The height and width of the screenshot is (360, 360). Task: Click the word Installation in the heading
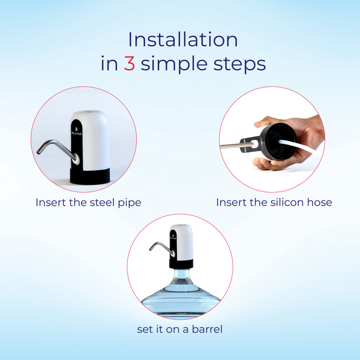pos(183,40)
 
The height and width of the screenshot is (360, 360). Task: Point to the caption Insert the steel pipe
pos(88,202)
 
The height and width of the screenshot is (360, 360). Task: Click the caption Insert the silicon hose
pos(274,202)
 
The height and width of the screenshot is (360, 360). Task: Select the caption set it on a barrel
pos(181,330)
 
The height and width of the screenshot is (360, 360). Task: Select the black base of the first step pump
pos(90,173)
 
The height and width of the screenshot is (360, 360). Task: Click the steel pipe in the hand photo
pos(234,145)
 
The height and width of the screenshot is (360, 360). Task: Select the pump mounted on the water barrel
pos(182,246)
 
